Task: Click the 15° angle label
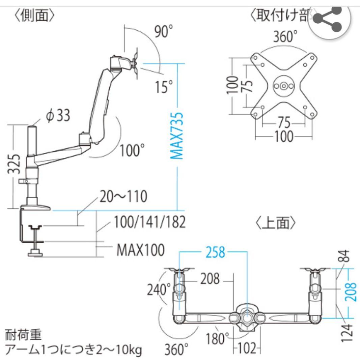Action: (x=164, y=87)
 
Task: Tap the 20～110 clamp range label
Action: (x=123, y=196)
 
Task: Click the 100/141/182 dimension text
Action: (x=149, y=222)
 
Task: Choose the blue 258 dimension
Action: (x=215, y=252)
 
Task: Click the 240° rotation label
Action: (x=159, y=289)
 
